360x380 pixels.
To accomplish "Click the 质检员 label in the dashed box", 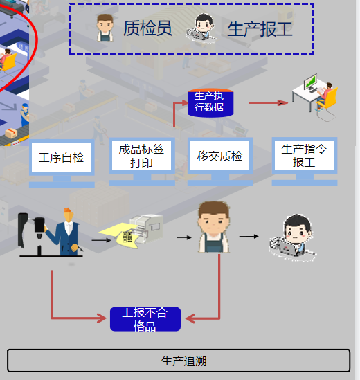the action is tap(147, 28).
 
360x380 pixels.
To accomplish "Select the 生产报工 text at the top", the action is tap(260, 29).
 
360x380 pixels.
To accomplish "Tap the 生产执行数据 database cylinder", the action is tap(210, 102).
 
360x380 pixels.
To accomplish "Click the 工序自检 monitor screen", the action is tap(62, 158).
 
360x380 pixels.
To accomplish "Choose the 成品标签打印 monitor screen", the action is tap(142, 156).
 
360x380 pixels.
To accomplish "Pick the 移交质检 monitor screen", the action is tap(220, 156).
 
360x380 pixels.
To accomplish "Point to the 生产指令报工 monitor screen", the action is tap(304, 156).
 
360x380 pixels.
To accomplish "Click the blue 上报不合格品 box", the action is tap(145, 319).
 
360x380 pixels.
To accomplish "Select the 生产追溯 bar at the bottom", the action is tap(179, 361).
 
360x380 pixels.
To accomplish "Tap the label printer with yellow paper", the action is tap(145, 229).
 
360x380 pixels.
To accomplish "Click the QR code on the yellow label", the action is tap(127, 237).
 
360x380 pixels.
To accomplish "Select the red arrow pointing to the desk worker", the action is tap(269, 102).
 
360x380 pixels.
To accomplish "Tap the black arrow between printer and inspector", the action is tap(184, 237).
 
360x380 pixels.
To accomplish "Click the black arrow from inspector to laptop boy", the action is tap(249, 236).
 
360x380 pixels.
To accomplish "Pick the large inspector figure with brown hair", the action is tap(213, 227).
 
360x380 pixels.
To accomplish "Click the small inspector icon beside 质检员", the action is tap(105, 28).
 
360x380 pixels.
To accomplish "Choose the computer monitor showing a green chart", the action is tap(311, 82).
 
